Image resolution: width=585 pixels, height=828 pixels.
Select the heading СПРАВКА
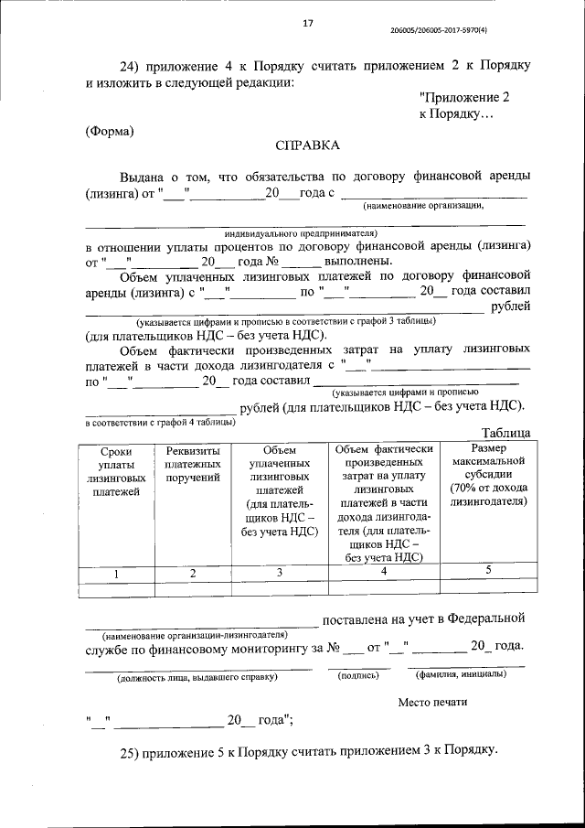coord(307,145)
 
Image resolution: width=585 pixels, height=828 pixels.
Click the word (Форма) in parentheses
coord(110,130)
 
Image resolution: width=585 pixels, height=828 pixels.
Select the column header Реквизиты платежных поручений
coord(193,465)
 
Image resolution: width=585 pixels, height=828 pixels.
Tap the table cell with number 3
coord(280,573)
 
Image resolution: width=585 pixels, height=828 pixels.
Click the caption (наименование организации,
coord(422,205)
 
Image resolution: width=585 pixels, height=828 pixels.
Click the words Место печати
coord(432,702)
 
